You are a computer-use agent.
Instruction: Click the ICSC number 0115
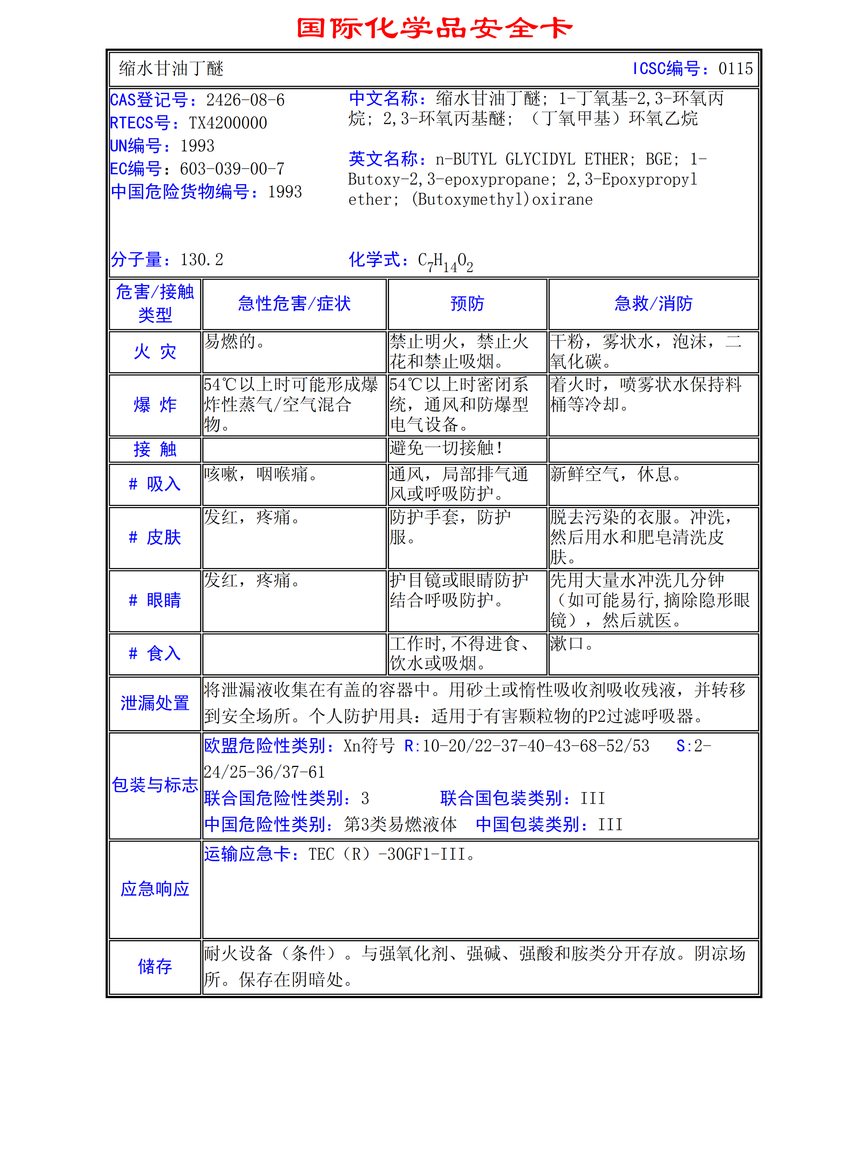[x=735, y=69]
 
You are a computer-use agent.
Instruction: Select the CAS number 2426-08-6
[x=245, y=100]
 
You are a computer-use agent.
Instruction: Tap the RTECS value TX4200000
[x=228, y=123]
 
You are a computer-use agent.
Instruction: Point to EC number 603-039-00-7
[x=232, y=169]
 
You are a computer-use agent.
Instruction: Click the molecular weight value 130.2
[x=201, y=259]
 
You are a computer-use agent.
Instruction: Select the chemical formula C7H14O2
[x=445, y=261]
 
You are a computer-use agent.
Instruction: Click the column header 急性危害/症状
[x=294, y=304]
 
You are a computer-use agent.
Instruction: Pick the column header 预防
[x=467, y=304]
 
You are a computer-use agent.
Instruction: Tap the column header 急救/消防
[x=653, y=304]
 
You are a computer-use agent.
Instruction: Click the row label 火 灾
[x=155, y=352]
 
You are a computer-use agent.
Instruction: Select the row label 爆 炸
[x=155, y=405]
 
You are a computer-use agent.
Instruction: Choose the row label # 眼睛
[x=155, y=600]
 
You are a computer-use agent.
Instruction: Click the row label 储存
[x=155, y=966]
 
